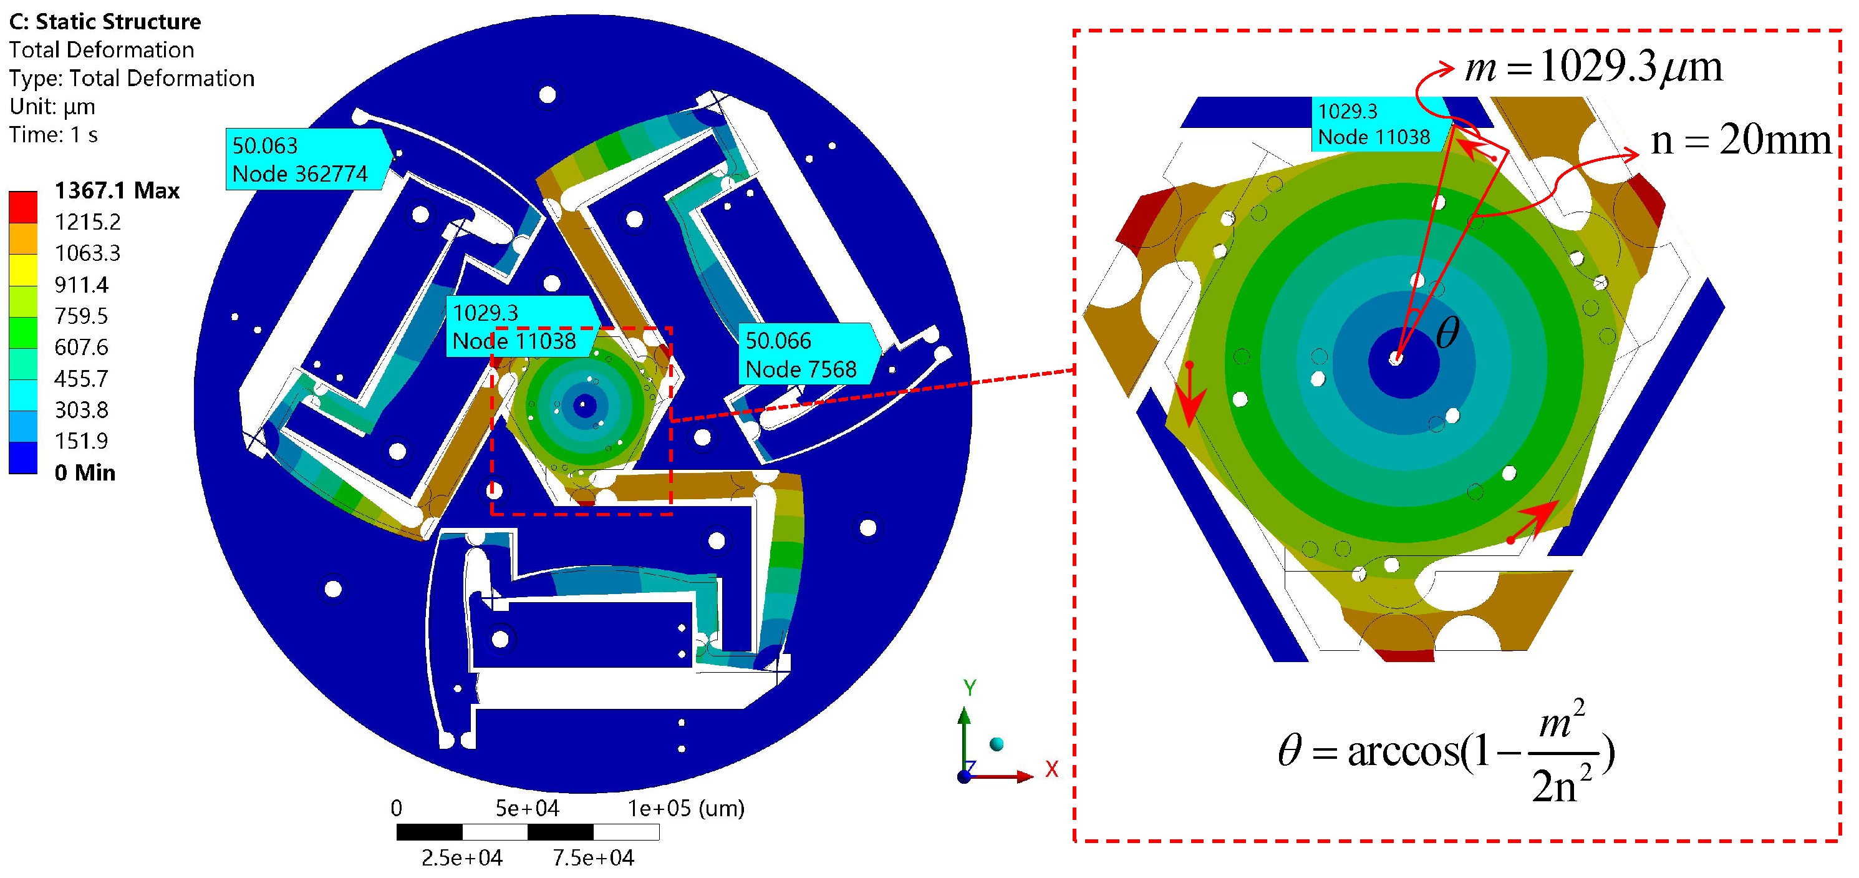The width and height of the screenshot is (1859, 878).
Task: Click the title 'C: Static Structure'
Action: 105,22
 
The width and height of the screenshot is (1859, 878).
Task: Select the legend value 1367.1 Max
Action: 117,190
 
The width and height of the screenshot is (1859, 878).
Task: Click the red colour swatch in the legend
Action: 23,207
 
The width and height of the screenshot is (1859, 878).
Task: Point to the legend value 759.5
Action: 82,316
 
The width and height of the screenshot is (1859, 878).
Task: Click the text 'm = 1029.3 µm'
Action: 1593,67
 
